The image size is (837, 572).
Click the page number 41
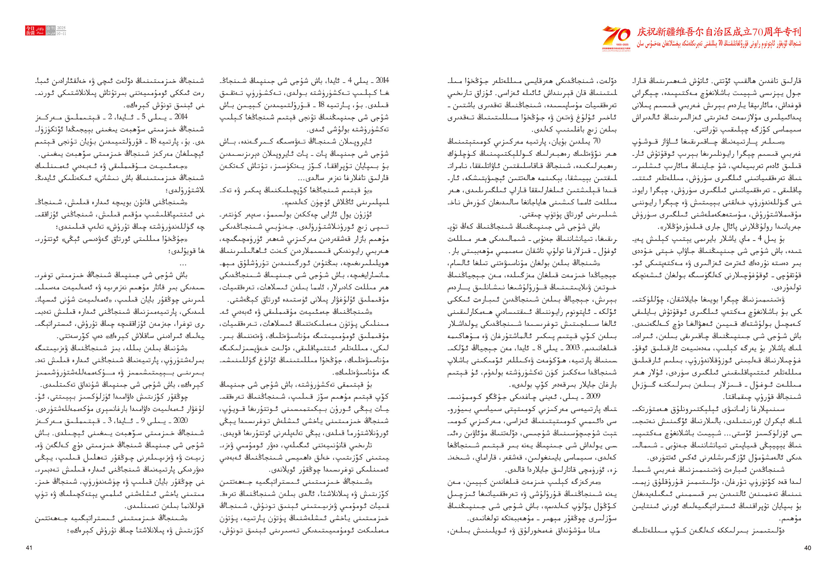pos(29,547)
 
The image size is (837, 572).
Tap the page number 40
pos(807,547)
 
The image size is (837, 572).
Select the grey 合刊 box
pos(51,31)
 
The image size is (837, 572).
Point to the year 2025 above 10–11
pos(62,28)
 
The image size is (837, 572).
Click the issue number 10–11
pos(62,34)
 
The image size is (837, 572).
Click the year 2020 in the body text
pos(180,420)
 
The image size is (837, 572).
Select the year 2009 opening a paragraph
pos(593,396)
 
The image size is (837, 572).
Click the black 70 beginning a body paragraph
pos(596,141)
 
